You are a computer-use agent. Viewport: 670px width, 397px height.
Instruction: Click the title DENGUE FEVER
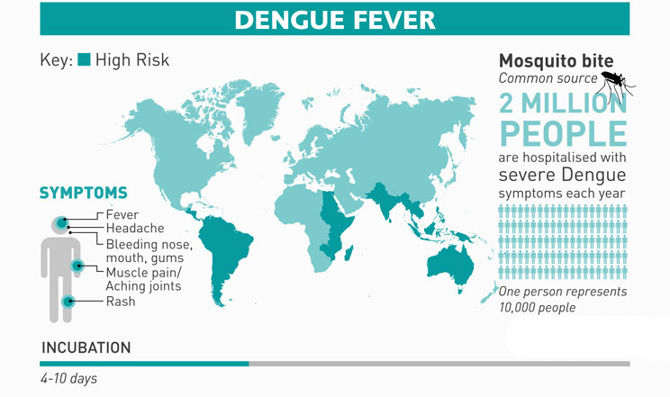point(334,19)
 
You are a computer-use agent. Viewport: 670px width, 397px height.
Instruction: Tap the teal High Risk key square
point(84,60)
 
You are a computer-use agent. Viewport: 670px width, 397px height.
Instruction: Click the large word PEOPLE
point(562,134)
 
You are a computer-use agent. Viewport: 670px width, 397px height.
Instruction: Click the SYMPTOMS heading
point(83,194)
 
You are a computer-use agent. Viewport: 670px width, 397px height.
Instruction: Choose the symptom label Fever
point(122,215)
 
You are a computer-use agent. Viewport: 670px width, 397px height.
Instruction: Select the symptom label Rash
point(121,302)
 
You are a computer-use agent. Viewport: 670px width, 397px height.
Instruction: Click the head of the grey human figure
point(59,223)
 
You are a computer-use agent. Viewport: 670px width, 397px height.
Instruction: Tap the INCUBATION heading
point(86,347)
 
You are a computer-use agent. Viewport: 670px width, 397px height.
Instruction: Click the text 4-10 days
point(68,379)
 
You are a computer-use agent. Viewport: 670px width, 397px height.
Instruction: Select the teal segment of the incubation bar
point(144,364)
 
